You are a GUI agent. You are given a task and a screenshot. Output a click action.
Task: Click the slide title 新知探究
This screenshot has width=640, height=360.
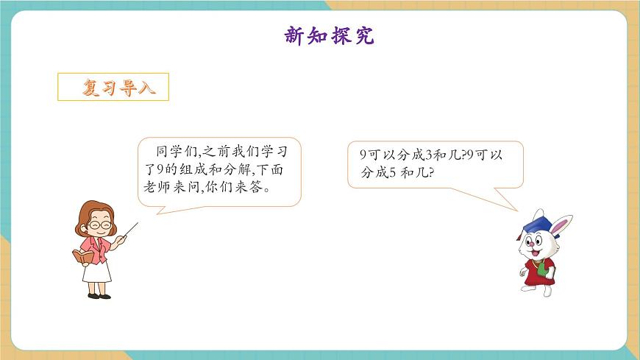pyautogui.click(x=329, y=35)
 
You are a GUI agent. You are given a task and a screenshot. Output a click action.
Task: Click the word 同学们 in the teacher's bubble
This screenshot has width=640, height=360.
pyautogui.click(x=174, y=152)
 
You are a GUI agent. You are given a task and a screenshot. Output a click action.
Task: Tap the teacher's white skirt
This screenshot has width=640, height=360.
pyautogui.click(x=97, y=272)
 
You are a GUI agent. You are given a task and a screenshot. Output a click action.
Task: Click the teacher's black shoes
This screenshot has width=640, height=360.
pyautogui.click(x=99, y=296)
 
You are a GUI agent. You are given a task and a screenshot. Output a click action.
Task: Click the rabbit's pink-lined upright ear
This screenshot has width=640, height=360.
pyautogui.click(x=563, y=224)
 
